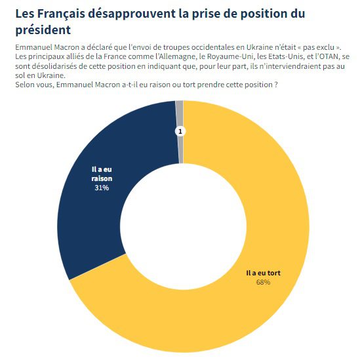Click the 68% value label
tap(263, 282)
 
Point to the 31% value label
tap(102, 188)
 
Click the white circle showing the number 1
tap(180, 132)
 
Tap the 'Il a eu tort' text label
tap(263, 273)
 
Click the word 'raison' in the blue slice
tap(102, 178)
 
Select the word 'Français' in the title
tap(61, 14)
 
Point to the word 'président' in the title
tap(43, 30)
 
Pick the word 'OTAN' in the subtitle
tap(329, 56)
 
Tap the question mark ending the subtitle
tap(276, 85)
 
